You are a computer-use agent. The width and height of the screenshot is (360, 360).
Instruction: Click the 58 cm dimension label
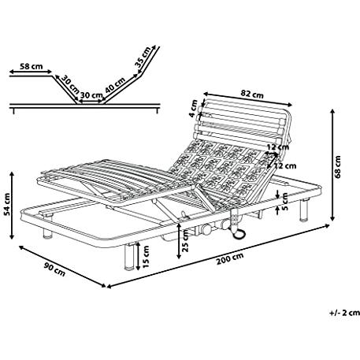[32, 66]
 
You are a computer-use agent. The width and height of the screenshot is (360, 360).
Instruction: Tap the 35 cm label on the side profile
[143, 57]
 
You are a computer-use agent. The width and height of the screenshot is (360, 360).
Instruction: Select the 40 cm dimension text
[115, 85]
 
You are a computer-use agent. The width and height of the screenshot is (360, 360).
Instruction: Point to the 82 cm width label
[252, 94]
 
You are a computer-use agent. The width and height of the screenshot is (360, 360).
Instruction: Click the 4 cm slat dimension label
[194, 109]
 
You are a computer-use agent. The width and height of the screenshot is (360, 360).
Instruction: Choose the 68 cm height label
[338, 167]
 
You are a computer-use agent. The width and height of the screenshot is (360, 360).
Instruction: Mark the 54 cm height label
[7, 204]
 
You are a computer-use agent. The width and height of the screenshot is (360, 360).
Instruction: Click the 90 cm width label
[54, 269]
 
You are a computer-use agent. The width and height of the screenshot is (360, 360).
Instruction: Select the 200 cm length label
[230, 258]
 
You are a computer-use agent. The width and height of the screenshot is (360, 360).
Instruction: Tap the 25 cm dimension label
[185, 241]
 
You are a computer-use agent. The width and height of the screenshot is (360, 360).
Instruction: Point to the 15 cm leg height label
[146, 257]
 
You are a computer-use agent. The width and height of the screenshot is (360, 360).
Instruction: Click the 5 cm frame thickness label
[285, 202]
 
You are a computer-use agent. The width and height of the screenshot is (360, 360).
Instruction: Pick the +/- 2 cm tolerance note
[344, 313]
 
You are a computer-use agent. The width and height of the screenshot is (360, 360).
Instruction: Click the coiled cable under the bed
[239, 233]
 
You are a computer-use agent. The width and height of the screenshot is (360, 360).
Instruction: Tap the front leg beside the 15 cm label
[129, 256]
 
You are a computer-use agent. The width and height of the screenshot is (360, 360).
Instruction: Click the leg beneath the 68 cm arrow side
[304, 210]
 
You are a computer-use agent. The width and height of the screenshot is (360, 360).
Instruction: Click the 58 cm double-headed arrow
[31, 72]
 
